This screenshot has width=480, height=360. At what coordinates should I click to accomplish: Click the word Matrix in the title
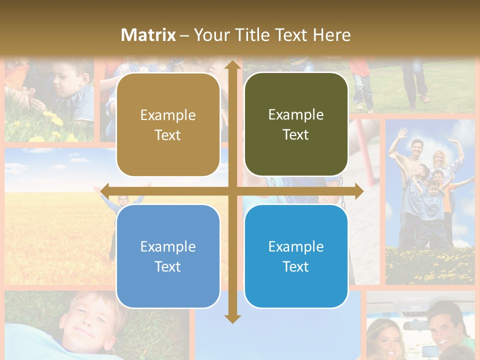(148, 35)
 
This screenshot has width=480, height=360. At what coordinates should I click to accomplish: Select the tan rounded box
(168, 125)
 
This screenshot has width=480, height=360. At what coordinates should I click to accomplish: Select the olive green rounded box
(296, 124)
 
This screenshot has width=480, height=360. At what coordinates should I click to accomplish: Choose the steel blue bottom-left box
(168, 256)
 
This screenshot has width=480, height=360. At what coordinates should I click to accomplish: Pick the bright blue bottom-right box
(296, 256)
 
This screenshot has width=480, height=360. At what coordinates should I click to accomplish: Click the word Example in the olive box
(296, 115)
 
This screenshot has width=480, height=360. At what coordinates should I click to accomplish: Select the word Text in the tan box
(167, 135)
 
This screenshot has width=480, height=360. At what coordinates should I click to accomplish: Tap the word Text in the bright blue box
(295, 267)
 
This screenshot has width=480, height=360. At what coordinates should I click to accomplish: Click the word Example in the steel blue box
(168, 246)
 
